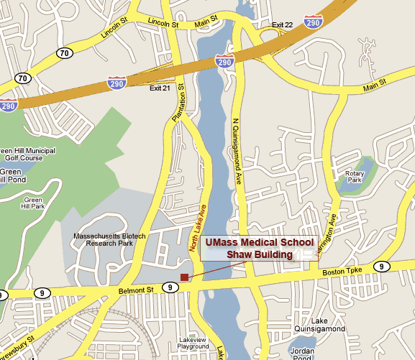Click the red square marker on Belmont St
tap(184, 277)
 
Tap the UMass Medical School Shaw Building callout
tap(259, 248)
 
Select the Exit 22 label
tap(283, 25)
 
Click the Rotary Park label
tap(355, 176)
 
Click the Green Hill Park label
tap(33, 203)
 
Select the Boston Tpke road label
tap(340, 272)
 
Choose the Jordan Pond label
tap(302, 354)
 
